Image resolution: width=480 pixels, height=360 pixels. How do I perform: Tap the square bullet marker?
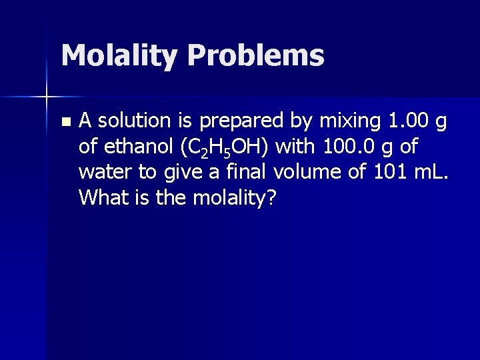pyautogui.click(x=64, y=122)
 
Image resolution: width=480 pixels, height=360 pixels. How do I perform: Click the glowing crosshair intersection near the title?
pyautogui.click(x=46, y=97)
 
